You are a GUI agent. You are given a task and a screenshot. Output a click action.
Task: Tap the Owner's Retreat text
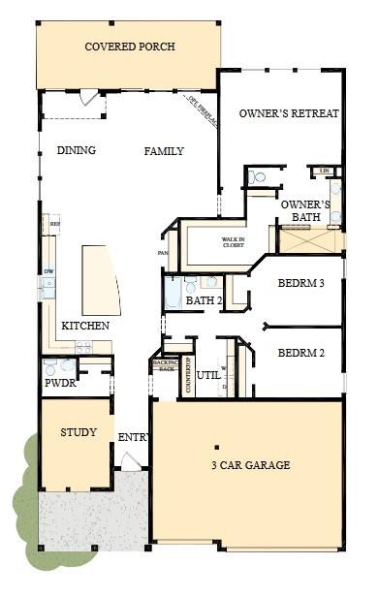click(289, 113)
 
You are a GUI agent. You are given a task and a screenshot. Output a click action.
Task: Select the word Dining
click(76, 151)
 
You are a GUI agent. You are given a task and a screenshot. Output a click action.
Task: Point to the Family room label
click(164, 151)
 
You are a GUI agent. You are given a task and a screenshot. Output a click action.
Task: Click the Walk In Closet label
click(233, 242)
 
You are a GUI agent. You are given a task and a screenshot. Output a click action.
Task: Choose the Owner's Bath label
click(305, 211)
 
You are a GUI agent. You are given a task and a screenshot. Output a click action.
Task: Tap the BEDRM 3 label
click(300, 284)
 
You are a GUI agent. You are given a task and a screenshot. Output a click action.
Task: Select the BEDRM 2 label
click(300, 353)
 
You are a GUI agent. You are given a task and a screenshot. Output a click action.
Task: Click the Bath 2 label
click(205, 301)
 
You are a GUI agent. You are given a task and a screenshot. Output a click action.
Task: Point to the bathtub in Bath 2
click(173, 290)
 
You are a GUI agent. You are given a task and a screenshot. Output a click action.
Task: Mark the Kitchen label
click(84, 326)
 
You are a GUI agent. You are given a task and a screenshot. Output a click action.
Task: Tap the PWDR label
click(60, 384)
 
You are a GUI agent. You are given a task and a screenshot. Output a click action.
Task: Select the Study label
click(79, 432)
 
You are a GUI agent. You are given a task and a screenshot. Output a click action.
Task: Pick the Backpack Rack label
click(165, 366)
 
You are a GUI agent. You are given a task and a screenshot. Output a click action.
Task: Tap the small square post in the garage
click(216, 447)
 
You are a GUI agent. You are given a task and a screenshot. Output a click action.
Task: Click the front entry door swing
click(130, 461)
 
